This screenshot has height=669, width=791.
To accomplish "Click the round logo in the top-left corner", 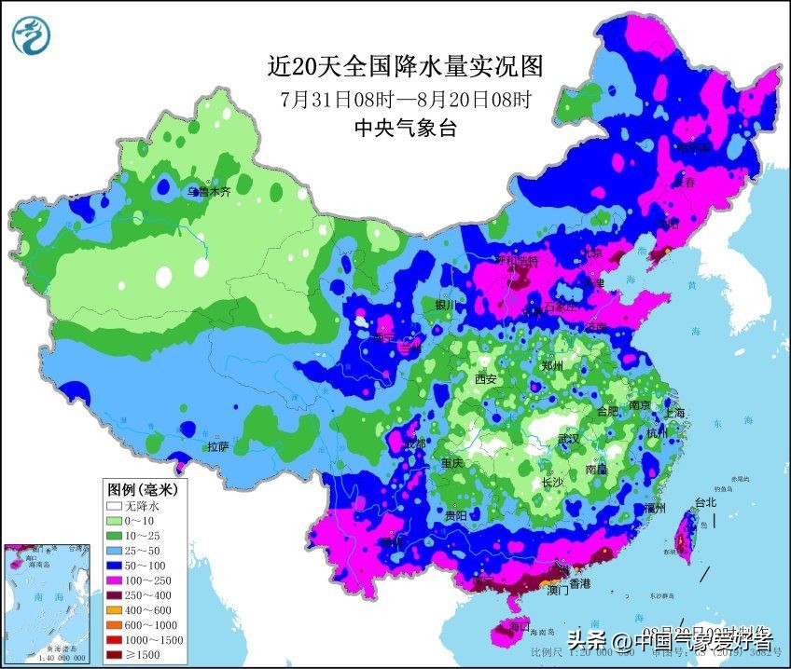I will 32,35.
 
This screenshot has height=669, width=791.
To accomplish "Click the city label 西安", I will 485,379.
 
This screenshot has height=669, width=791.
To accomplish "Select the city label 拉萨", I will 217,446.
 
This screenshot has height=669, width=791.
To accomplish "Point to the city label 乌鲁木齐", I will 207,193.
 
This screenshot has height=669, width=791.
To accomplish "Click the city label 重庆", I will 452,463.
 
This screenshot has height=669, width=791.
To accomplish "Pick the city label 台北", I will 705,503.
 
